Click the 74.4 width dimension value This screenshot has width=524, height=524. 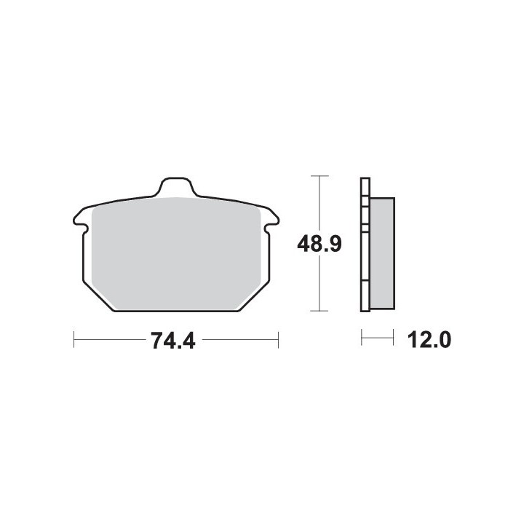pyautogui.click(x=172, y=341)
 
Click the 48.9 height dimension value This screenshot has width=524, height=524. pyautogui.click(x=319, y=244)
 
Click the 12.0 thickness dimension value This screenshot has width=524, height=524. pyautogui.click(x=429, y=340)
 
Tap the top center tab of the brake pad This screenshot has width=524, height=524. pyautogui.click(x=176, y=186)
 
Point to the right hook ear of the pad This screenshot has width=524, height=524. pyautogui.click(x=271, y=221)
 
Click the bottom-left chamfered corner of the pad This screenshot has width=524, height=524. pyautogui.click(x=98, y=297)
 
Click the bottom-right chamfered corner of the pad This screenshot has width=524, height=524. pyautogui.click(x=253, y=297)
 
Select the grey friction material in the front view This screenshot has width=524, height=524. pyautogui.click(x=176, y=253)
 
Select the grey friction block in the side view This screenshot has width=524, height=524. pyautogui.click(x=382, y=253)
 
